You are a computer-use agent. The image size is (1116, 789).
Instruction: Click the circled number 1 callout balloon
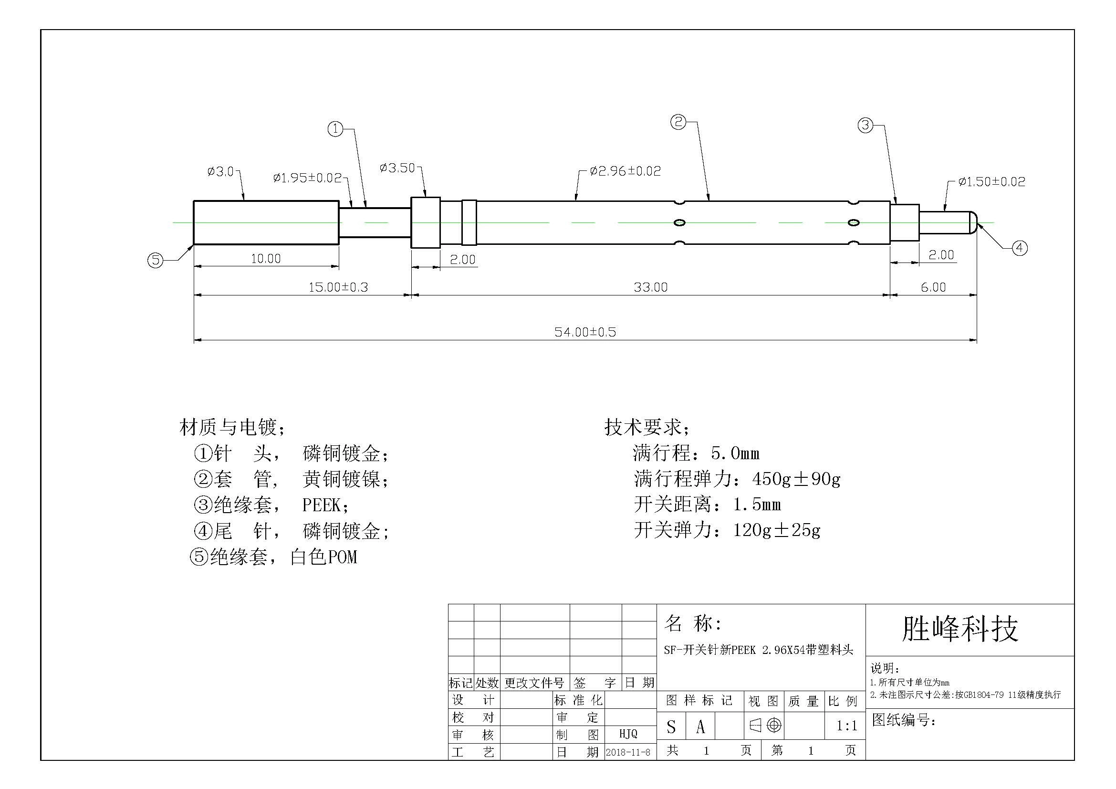[x=335, y=129]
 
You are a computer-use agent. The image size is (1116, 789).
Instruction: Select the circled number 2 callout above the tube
[x=678, y=122]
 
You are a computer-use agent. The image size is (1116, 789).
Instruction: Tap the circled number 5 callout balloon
[x=156, y=260]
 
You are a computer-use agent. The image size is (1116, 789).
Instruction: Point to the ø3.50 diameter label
[x=397, y=168]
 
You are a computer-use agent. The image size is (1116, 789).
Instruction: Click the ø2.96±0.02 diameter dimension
[x=625, y=171]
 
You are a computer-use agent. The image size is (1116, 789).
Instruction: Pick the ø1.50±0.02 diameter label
[x=991, y=182]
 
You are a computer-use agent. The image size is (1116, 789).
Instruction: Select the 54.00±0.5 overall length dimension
[x=585, y=332]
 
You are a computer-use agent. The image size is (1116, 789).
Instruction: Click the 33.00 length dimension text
[x=650, y=287]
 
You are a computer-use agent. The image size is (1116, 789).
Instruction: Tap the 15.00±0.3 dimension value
[x=338, y=287]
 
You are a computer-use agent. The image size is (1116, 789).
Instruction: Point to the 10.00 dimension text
[x=265, y=259]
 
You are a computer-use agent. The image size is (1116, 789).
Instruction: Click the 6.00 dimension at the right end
[x=933, y=287]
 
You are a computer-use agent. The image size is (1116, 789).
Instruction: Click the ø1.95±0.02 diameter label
[x=308, y=178]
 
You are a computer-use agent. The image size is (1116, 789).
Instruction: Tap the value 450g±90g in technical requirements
[x=796, y=479]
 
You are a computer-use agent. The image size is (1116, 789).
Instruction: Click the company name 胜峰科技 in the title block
[x=960, y=629]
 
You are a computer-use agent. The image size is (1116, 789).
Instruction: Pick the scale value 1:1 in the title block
[x=846, y=726]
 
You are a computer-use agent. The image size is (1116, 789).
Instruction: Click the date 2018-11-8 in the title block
[x=627, y=753]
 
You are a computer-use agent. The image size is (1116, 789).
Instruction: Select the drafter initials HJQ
[x=628, y=734]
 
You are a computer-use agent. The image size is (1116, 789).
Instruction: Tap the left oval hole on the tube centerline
[x=679, y=223]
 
